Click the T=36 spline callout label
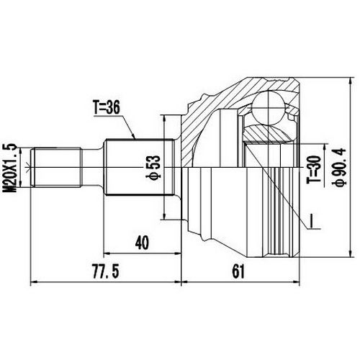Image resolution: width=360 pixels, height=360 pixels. tap(109, 108)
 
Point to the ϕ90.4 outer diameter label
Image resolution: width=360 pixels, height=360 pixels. tap(336, 166)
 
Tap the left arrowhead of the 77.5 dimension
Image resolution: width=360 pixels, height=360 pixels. tap(35, 279)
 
